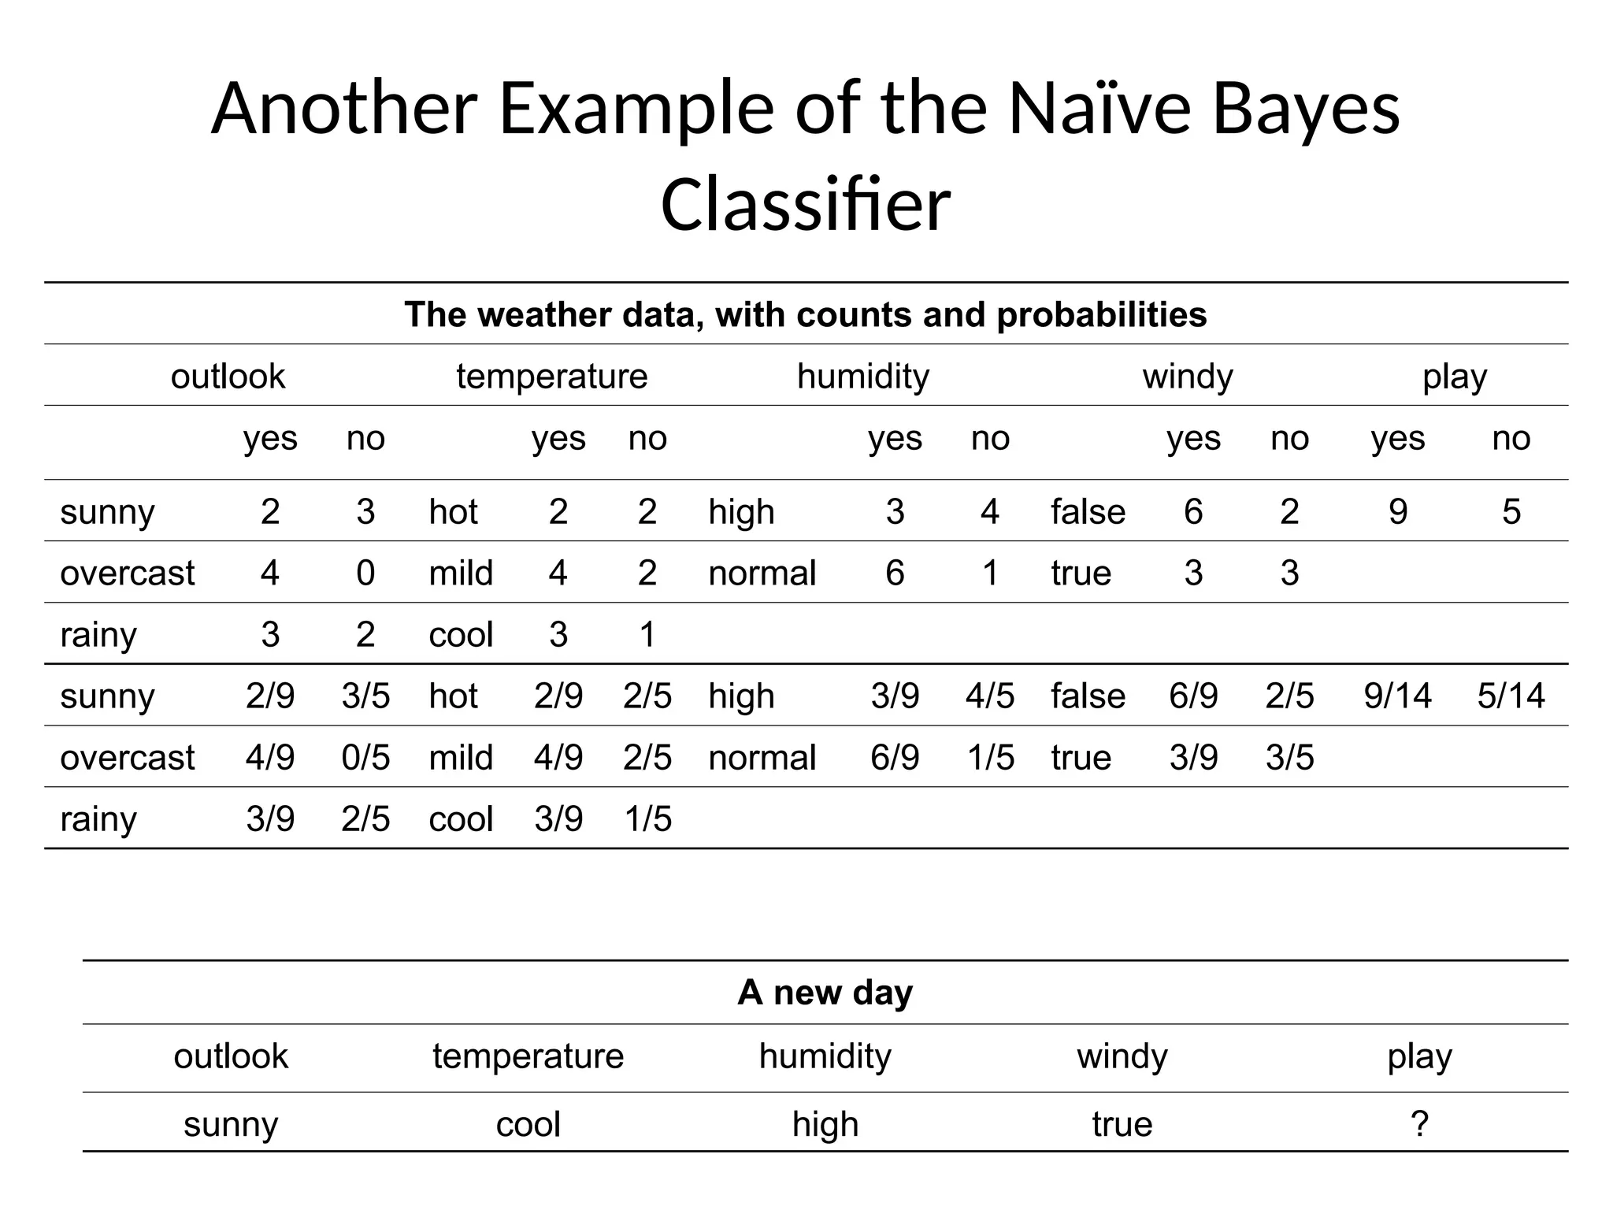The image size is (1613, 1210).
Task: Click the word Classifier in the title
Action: pyautogui.click(x=805, y=205)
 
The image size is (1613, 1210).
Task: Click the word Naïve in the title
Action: pyautogui.click(x=1099, y=108)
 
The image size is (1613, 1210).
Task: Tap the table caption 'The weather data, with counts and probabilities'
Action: pyautogui.click(x=805, y=314)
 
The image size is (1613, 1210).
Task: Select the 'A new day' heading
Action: pyautogui.click(x=825, y=992)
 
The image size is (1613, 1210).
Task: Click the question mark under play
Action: pyautogui.click(x=1419, y=1123)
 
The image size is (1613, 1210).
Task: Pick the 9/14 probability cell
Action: pyautogui.click(x=1397, y=696)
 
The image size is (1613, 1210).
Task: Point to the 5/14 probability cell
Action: pyautogui.click(x=1511, y=696)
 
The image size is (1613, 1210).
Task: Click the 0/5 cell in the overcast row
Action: pyautogui.click(x=365, y=757)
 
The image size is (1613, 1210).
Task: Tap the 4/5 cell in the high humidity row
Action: pyautogui.click(x=990, y=696)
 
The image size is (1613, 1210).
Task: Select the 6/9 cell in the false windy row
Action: pyautogui.click(x=1193, y=696)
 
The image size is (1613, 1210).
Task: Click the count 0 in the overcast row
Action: pyautogui.click(x=365, y=573)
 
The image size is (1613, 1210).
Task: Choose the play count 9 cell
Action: pyautogui.click(x=1397, y=511)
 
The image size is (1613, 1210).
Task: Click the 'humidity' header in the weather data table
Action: pyautogui.click(x=863, y=376)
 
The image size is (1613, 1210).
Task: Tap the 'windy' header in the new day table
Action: pyautogui.click(x=1122, y=1056)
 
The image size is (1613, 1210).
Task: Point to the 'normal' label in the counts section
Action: pyautogui.click(x=762, y=573)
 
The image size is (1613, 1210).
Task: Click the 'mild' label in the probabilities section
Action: pyautogui.click(x=461, y=757)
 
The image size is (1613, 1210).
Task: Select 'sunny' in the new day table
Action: pyautogui.click(x=231, y=1124)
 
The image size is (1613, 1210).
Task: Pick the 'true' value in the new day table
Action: pyautogui.click(x=1122, y=1124)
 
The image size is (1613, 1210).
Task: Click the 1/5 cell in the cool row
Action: pyautogui.click(x=647, y=818)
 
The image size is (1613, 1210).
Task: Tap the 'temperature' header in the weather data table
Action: pyautogui.click(x=551, y=376)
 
